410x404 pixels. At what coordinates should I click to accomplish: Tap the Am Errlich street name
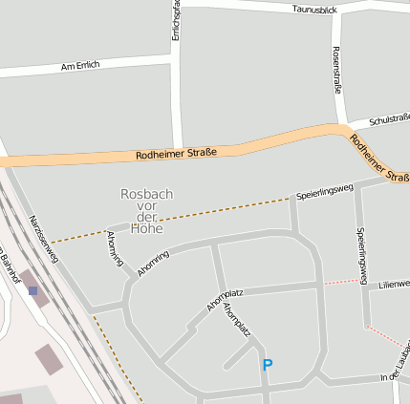click(80, 66)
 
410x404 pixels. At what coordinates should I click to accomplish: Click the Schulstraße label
click(389, 117)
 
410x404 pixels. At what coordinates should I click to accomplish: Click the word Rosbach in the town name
click(147, 194)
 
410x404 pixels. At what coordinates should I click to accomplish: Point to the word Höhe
click(147, 228)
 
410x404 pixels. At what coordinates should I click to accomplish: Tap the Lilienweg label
click(393, 285)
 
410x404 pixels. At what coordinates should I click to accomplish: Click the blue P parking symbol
click(268, 365)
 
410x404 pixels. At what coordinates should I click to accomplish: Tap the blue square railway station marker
click(32, 290)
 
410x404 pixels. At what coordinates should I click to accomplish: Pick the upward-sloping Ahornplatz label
click(226, 299)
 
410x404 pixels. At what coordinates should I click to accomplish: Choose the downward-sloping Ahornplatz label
click(236, 321)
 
